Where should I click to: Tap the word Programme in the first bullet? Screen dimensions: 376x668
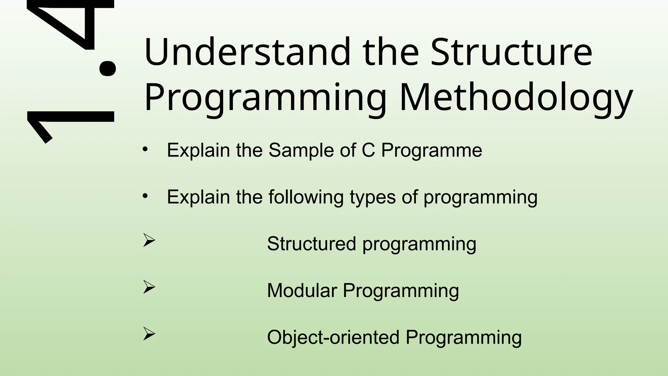[x=432, y=151]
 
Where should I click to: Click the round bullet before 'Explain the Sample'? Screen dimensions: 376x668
[x=145, y=149]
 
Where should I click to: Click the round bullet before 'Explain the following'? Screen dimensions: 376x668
[x=145, y=196]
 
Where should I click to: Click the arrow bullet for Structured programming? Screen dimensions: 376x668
[x=149, y=241]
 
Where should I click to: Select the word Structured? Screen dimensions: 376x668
[x=311, y=244]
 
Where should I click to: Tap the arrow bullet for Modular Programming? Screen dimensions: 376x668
[x=149, y=288]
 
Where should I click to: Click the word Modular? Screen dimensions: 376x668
[x=302, y=290]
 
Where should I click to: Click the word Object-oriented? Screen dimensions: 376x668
[x=333, y=337]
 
